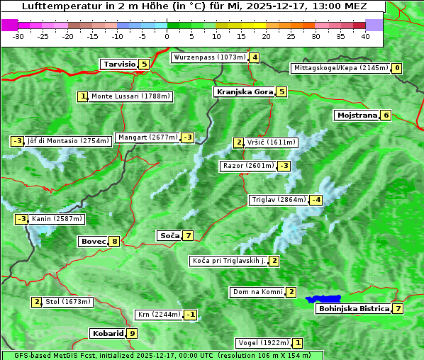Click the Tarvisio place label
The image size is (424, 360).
118,64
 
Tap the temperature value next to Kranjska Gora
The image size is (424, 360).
281,91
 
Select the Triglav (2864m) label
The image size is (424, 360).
279,200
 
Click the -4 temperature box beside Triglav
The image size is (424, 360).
316,200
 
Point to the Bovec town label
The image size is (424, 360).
92,241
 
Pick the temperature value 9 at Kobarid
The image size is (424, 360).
132,333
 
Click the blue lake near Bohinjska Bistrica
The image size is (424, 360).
323,300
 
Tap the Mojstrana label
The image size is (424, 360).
357,115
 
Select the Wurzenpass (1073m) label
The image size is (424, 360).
209,57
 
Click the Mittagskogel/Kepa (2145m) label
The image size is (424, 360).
340,68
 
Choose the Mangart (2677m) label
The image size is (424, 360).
147,137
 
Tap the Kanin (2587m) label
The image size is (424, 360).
57,219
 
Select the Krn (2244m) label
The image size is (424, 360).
159,315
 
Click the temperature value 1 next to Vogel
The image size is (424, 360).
298,343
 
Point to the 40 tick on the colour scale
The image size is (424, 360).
365,36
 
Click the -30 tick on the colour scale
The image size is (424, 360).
18,36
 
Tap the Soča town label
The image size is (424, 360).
169,235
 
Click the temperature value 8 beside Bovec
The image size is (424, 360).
114,241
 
